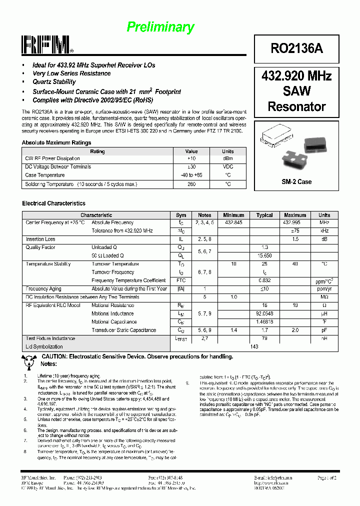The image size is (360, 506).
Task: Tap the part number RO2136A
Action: tap(296, 48)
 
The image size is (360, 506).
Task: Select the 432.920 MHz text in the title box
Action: tap(296, 76)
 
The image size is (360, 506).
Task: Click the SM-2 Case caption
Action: tap(296, 182)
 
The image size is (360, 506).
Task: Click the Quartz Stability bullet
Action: tap(54, 82)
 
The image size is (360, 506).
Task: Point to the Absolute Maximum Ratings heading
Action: tap(56, 143)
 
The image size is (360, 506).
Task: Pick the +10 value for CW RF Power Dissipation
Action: tap(191, 158)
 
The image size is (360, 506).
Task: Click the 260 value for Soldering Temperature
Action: tap(191, 184)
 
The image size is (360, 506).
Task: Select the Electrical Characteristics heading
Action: tap(54, 203)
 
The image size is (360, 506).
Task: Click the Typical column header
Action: tap(264, 215)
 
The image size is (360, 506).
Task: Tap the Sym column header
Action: tap(181, 215)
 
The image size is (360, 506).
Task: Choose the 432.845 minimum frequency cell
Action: tap(234, 222)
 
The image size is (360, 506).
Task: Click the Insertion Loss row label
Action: tap(40, 239)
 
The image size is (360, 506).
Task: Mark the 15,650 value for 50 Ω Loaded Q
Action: tap(264, 255)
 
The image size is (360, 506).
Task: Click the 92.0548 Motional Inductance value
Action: tap(264, 313)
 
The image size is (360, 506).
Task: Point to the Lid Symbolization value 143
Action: tap(254, 346)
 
